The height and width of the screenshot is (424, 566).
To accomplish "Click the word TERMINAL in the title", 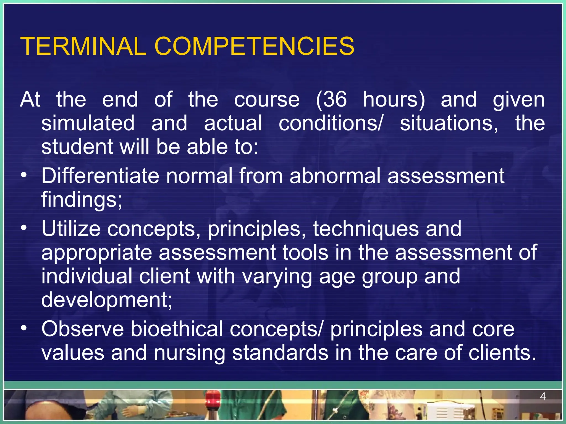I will pos(83,46).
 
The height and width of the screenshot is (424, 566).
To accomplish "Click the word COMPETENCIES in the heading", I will pos(254,46).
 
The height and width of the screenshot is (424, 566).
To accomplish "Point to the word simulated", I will pos(88,123).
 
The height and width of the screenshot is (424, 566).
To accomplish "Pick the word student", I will pos(77,147).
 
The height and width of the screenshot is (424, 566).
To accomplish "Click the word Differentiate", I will pos(100,176).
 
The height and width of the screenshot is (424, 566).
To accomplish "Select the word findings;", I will pos(82,200).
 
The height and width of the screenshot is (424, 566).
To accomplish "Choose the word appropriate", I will pos(97,253).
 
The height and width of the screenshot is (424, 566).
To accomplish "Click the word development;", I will pos(107,300).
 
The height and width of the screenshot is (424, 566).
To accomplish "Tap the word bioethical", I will pos(176,329).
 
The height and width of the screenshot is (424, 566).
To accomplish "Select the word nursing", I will pos(190,353).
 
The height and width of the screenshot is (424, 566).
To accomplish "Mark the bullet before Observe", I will pos(24,328).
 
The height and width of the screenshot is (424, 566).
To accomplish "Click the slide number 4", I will pos(543,397).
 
